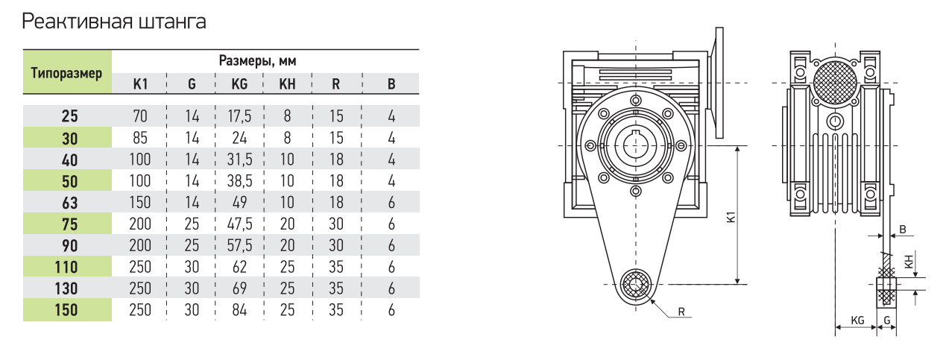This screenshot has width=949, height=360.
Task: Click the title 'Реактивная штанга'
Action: (x=114, y=21)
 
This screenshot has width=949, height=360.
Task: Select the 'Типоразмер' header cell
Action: (x=67, y=72)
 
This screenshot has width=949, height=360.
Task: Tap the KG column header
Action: (x=239, y=84)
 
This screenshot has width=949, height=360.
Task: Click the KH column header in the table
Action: (x=287, y=84)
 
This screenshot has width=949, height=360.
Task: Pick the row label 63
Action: (x=70, y=203)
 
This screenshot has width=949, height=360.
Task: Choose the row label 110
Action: (x=66, y=268)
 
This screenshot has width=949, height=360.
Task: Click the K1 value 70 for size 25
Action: (x=140, y=116)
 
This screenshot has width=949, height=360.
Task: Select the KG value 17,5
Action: (x=239, y=116)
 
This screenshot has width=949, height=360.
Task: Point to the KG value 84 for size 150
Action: (x=239, y=310)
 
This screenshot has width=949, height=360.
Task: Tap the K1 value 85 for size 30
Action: (x=140, y=138)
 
